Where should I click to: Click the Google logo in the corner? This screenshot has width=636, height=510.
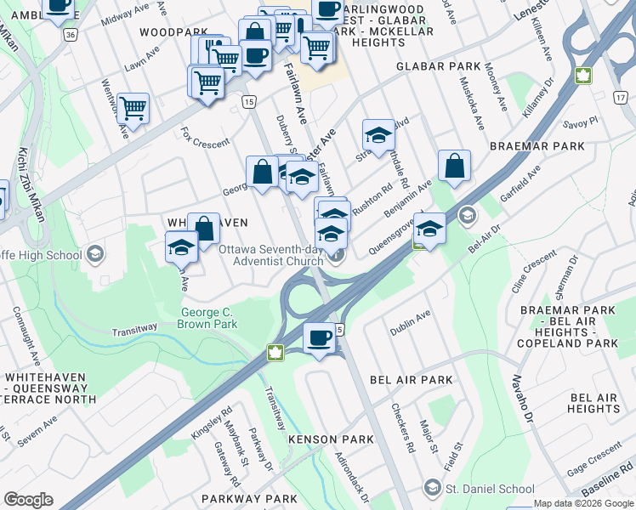pyautogui.click(x=28, y=500)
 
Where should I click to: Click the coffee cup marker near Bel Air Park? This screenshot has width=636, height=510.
pyautogui.click(x=320, y=339)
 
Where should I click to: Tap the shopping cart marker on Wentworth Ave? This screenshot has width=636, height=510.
pyautogui.click(x=133, y=109)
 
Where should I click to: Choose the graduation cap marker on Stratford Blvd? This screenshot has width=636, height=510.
pyautogui.click(x=378, y=134)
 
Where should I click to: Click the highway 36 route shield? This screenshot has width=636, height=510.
pyautogui.click(x=71, y=35)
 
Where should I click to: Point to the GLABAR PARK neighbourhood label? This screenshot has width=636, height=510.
pyautogui.click(x=444, y=66)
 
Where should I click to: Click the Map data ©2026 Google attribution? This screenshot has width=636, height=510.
pyautogui.click(x=583, y=503)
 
